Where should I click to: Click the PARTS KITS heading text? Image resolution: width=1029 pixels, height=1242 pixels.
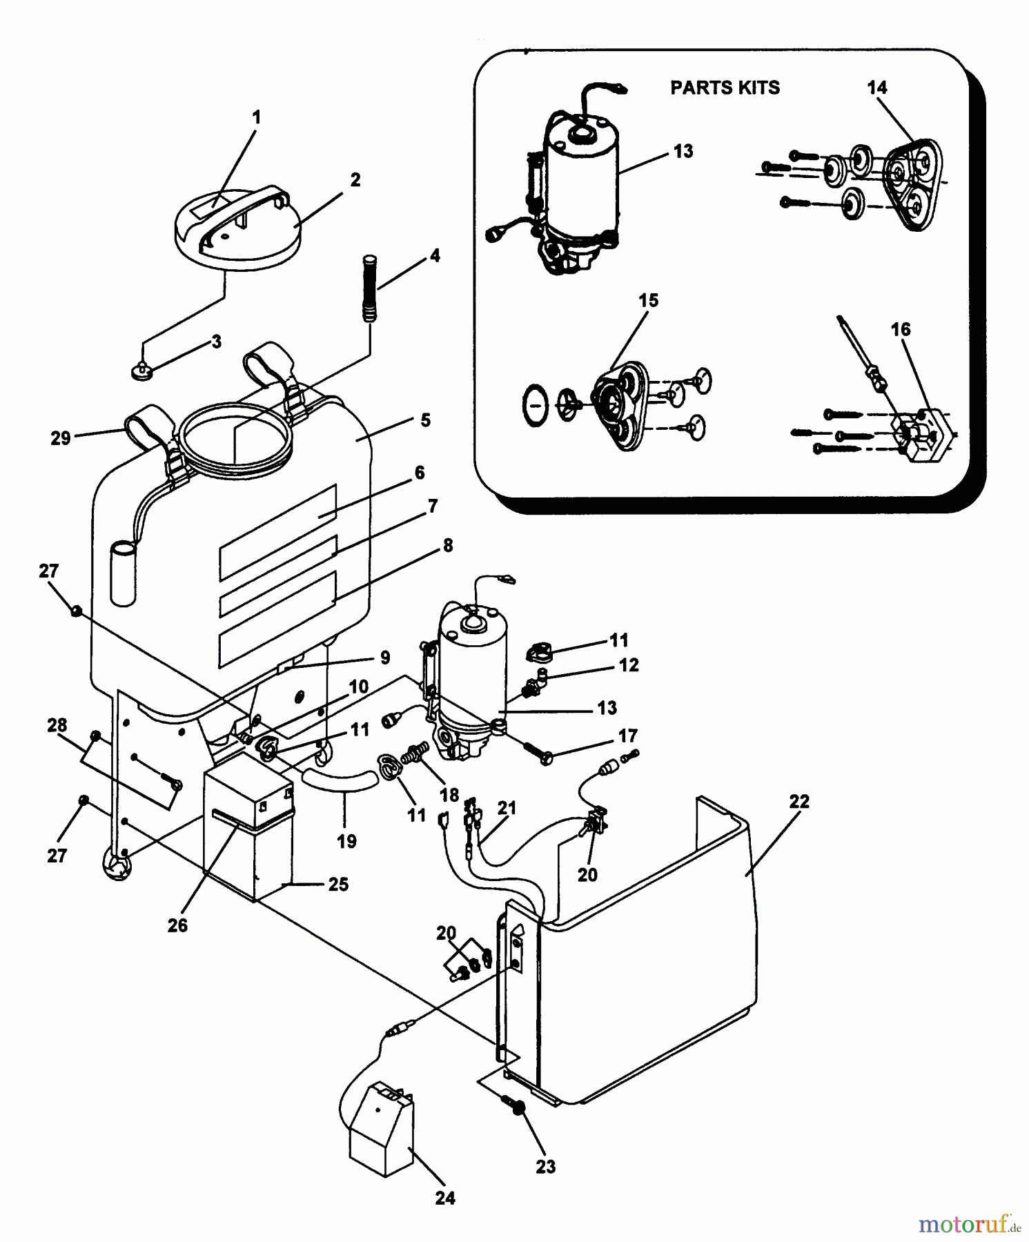(725, 88)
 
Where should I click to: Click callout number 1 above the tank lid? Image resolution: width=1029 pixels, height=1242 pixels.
(257, 118)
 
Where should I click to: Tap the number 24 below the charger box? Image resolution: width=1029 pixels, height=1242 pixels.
(445, 1198)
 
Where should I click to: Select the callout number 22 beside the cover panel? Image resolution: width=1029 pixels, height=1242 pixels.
(799, 802)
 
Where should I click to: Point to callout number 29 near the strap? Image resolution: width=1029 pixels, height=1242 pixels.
(61, 437)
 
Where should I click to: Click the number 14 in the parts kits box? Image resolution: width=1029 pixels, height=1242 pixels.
(876, 88)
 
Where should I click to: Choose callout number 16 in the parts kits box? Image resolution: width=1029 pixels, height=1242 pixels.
(901, 329)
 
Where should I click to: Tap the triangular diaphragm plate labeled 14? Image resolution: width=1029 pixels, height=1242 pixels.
(912, 185)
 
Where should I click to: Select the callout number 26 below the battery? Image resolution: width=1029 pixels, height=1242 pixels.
(177, 925)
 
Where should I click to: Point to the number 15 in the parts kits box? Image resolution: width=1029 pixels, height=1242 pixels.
(648, 300)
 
